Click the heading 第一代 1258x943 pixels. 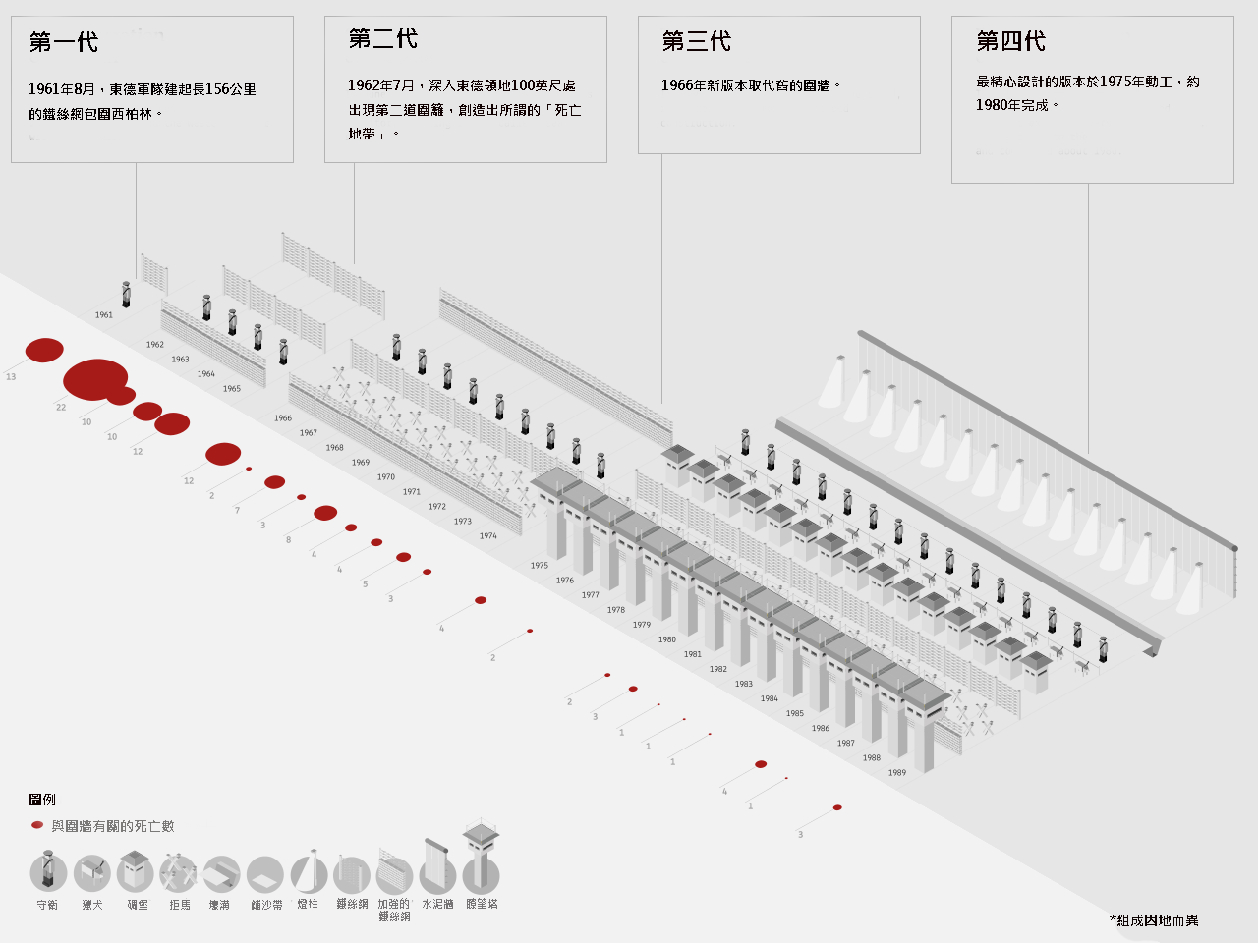click(x=64, y=42)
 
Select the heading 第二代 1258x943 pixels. click(x=383, y=38)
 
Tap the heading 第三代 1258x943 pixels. click(x=697, y=41)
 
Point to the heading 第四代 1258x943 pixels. click(x=1010, y=41)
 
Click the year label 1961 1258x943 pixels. click(x=104, y=315)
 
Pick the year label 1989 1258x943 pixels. click(x=897, y=773)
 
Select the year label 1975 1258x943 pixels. click(x=540, y=566)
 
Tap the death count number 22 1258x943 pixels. click(x=61, y=408)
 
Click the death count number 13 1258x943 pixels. click(x=11, y=377)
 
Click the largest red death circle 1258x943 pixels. click(x=95, y=379)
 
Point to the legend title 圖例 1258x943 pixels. click(x=42, y=800)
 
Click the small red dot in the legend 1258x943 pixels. click(x=37, y=825)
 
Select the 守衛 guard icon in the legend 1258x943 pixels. click(x=48, y=871)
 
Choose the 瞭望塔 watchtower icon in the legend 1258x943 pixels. click(x=481, y=864)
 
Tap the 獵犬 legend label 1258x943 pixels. click(x=92, y=905)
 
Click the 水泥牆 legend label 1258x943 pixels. click(x=438, y=904)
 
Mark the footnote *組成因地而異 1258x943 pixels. click(x=1154, y=920)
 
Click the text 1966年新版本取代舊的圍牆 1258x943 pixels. click(x=751, y=85)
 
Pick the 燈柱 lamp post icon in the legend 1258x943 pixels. click(x=309, y=872)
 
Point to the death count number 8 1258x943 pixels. click(x=288, y=540)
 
